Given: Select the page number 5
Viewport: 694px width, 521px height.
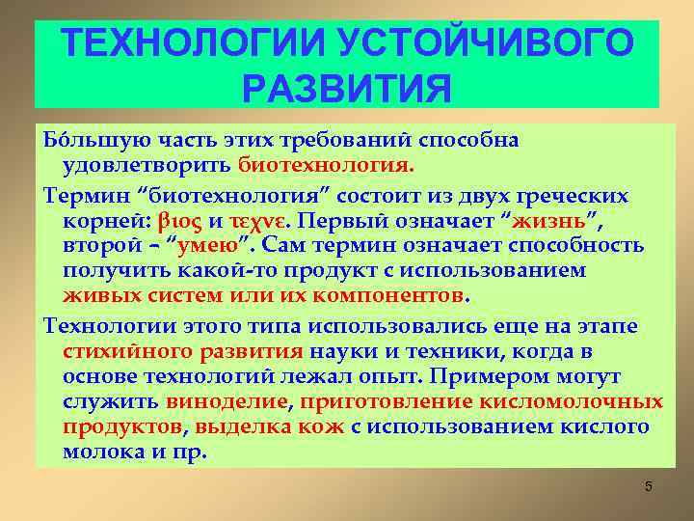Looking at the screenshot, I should [649, 486].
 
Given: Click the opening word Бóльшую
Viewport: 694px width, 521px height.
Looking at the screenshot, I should [79, 140].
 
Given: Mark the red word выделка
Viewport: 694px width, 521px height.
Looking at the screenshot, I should [240, 426].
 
